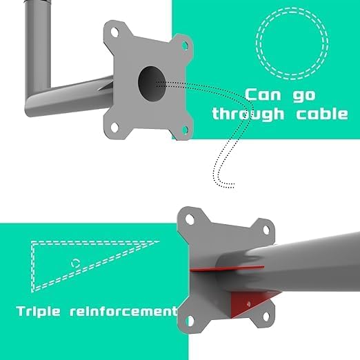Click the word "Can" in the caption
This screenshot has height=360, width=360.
coord(263,94)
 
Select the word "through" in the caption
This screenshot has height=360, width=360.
coord(248,114)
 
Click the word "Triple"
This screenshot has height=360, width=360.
coord(39,312)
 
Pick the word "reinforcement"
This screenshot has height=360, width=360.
coord(123,311)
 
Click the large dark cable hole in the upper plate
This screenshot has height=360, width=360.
coord(152,83)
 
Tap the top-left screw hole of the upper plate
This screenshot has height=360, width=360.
coord(114,32)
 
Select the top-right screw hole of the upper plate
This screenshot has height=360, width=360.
coord(185,46)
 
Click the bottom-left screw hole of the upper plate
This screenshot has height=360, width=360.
coord(114,128)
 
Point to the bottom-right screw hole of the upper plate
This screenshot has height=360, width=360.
coord(185,130)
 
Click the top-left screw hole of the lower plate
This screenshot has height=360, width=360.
coord(190,219)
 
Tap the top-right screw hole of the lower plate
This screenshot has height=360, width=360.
coord(266,230)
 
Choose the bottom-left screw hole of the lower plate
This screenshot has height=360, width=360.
coord(190,321)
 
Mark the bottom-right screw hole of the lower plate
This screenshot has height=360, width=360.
coord(266,317)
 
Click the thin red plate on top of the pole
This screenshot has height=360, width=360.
coord(227,268)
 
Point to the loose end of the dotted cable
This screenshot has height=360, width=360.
coord(234,186)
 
